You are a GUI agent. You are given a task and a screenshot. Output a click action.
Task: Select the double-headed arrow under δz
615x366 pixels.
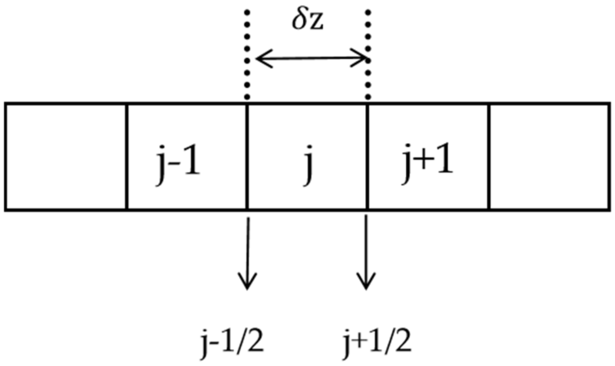311,58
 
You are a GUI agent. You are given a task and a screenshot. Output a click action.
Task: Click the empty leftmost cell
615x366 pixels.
65,157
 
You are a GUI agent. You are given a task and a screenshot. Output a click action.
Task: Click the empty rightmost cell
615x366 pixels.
549,157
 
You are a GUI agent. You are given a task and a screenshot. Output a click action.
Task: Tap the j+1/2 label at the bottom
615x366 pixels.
377,342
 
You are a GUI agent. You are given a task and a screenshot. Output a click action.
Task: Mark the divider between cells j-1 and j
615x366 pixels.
247,157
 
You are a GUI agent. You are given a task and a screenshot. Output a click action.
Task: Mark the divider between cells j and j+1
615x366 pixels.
367,157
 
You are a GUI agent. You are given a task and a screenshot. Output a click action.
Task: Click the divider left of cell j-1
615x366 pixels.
127,157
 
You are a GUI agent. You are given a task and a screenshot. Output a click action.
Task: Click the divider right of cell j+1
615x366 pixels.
489,157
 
